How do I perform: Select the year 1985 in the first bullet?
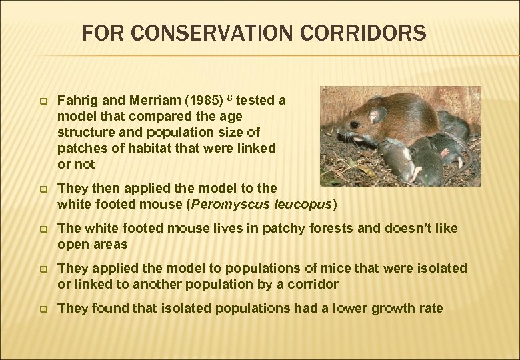pyautogui.click(x=204, y=101)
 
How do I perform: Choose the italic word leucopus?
pyautogui.click(x=301, y=204)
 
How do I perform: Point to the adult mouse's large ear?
pyautogui.click(x=379, y=115)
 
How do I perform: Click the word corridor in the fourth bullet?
pyautogui.click(x=311, y=285)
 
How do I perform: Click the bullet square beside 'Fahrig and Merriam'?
pyautogui.click(x=41, y=102)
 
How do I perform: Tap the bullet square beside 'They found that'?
pyautogui.click(x=41, y=309)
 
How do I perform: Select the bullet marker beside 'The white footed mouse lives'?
pyautogui.click(x=41, y=229)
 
